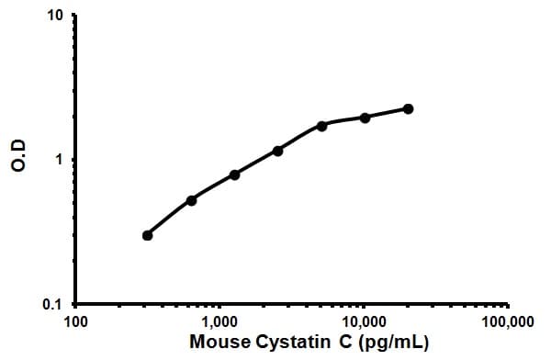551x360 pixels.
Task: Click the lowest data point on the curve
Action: tap(148, 235)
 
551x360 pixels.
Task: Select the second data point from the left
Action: tap(191, 200)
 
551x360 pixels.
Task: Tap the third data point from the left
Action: tap(235, 174)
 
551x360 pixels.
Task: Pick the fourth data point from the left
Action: tap(278, 150)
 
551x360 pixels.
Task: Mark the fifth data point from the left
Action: tap(321, 125)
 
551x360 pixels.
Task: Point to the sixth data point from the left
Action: tap(365, 118)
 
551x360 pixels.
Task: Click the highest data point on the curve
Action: tap(408, 108)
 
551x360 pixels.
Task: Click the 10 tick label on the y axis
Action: tap(55, 17)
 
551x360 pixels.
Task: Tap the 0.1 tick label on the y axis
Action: tap(53, 304)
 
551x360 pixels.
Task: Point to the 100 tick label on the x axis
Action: tap(76, 322)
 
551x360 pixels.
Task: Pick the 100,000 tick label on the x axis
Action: tap(508, 322)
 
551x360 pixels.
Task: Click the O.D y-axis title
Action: tap(16, 160)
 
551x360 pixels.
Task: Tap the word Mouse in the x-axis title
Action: tap(218, 343)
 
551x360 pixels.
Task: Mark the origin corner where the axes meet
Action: tap(75, 304)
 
